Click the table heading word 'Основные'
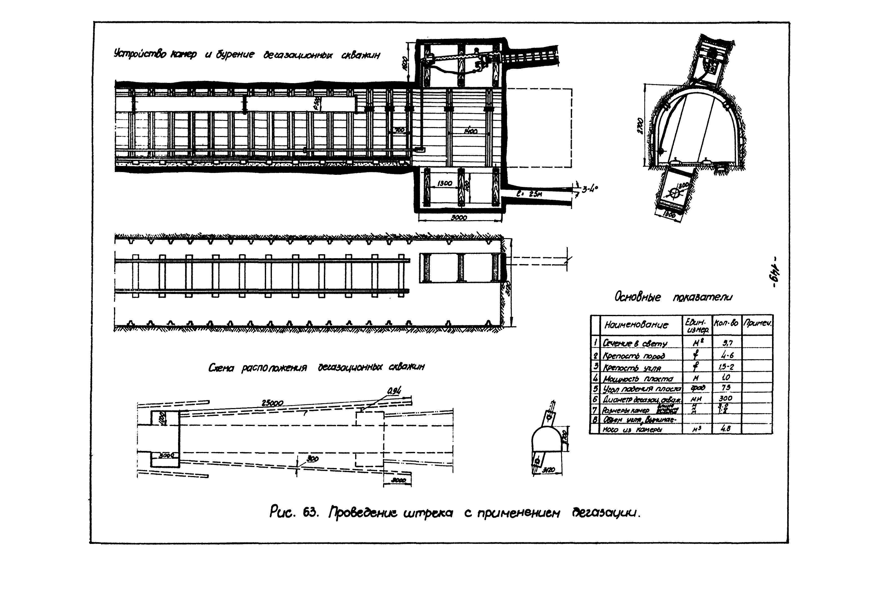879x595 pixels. pyautogui.click(x=638, y=297)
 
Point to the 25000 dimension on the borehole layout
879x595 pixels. pyautogui.click(x=272, y=403)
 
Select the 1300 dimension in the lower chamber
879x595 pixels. pyautogui.click(x=444, y=184)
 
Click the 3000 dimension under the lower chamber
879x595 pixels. pyautogui.click(x=459, y=218)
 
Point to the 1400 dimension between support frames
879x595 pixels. pyautogui.click(x=470, y=131)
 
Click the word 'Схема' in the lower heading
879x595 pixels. pyautogui.click(x=221, y=368)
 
